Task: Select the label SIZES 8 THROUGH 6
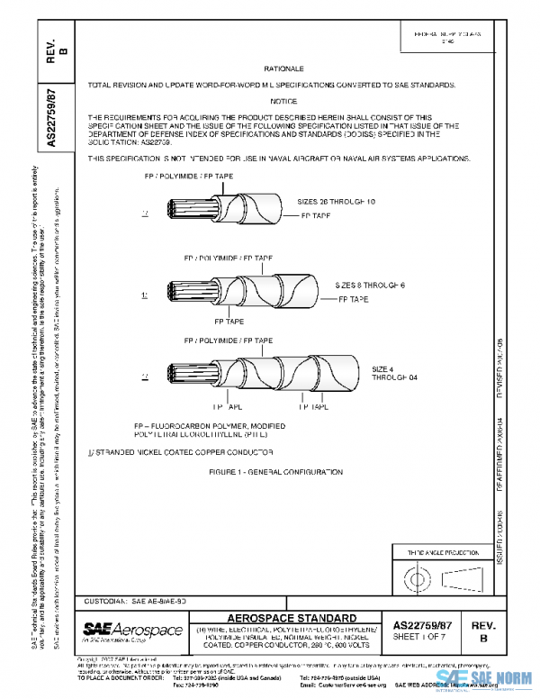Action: pyautogui.click(x=371, y=285)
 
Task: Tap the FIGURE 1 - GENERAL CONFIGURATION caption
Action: pyautogui.click(x=263, y=471)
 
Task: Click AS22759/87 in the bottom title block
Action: pyautogui.click(x=423, y=621)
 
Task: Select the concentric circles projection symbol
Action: pyautogui.click(x=418, y=575)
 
